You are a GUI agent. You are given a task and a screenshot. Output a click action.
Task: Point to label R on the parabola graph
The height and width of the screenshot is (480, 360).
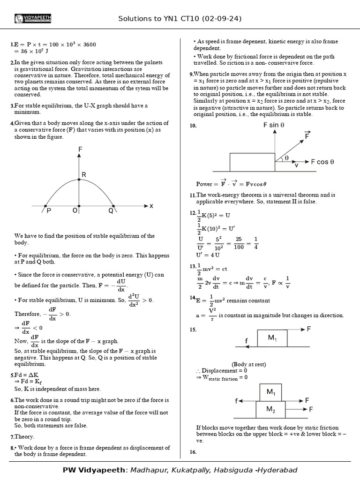84,175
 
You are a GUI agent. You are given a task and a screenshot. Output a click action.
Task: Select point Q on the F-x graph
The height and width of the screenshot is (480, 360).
111,211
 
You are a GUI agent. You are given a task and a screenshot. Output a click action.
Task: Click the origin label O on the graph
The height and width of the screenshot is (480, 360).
75,211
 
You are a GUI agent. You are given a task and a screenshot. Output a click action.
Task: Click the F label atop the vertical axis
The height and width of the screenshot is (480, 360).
80,150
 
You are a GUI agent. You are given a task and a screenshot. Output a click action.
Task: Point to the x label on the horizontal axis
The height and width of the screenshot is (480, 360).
151,206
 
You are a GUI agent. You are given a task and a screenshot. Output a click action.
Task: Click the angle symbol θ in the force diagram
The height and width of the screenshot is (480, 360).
286,158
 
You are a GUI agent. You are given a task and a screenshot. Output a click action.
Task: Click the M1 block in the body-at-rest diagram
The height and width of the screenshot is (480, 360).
272,337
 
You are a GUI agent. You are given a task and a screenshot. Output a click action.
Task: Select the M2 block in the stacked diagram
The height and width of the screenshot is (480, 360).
271,409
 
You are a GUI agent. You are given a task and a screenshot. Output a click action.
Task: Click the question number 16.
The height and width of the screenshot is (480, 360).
193,452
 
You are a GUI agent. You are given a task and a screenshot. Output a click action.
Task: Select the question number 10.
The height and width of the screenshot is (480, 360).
193,126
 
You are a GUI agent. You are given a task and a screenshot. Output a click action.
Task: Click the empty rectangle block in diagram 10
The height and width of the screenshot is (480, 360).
252,162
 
